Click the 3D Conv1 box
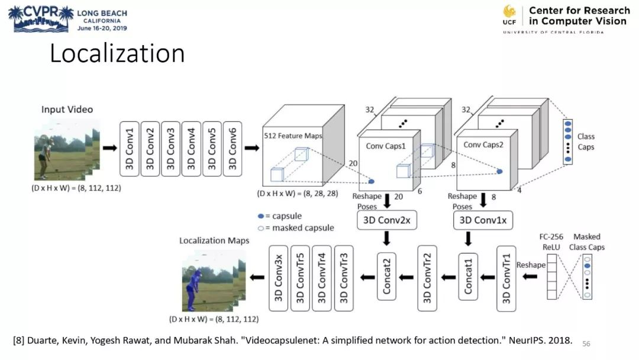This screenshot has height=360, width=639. pos(129,149)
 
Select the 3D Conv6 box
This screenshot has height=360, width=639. pos(233,149)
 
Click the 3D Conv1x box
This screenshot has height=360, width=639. pos(483,220)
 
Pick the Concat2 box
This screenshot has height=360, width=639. pos(386,276)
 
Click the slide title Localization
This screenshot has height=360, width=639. pos(117,53)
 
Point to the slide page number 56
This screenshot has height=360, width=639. pos(586,343)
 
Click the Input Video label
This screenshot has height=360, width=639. pos(67,110)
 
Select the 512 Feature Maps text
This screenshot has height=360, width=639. pos(293,136)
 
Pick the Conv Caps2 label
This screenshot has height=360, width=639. pos(483,144)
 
